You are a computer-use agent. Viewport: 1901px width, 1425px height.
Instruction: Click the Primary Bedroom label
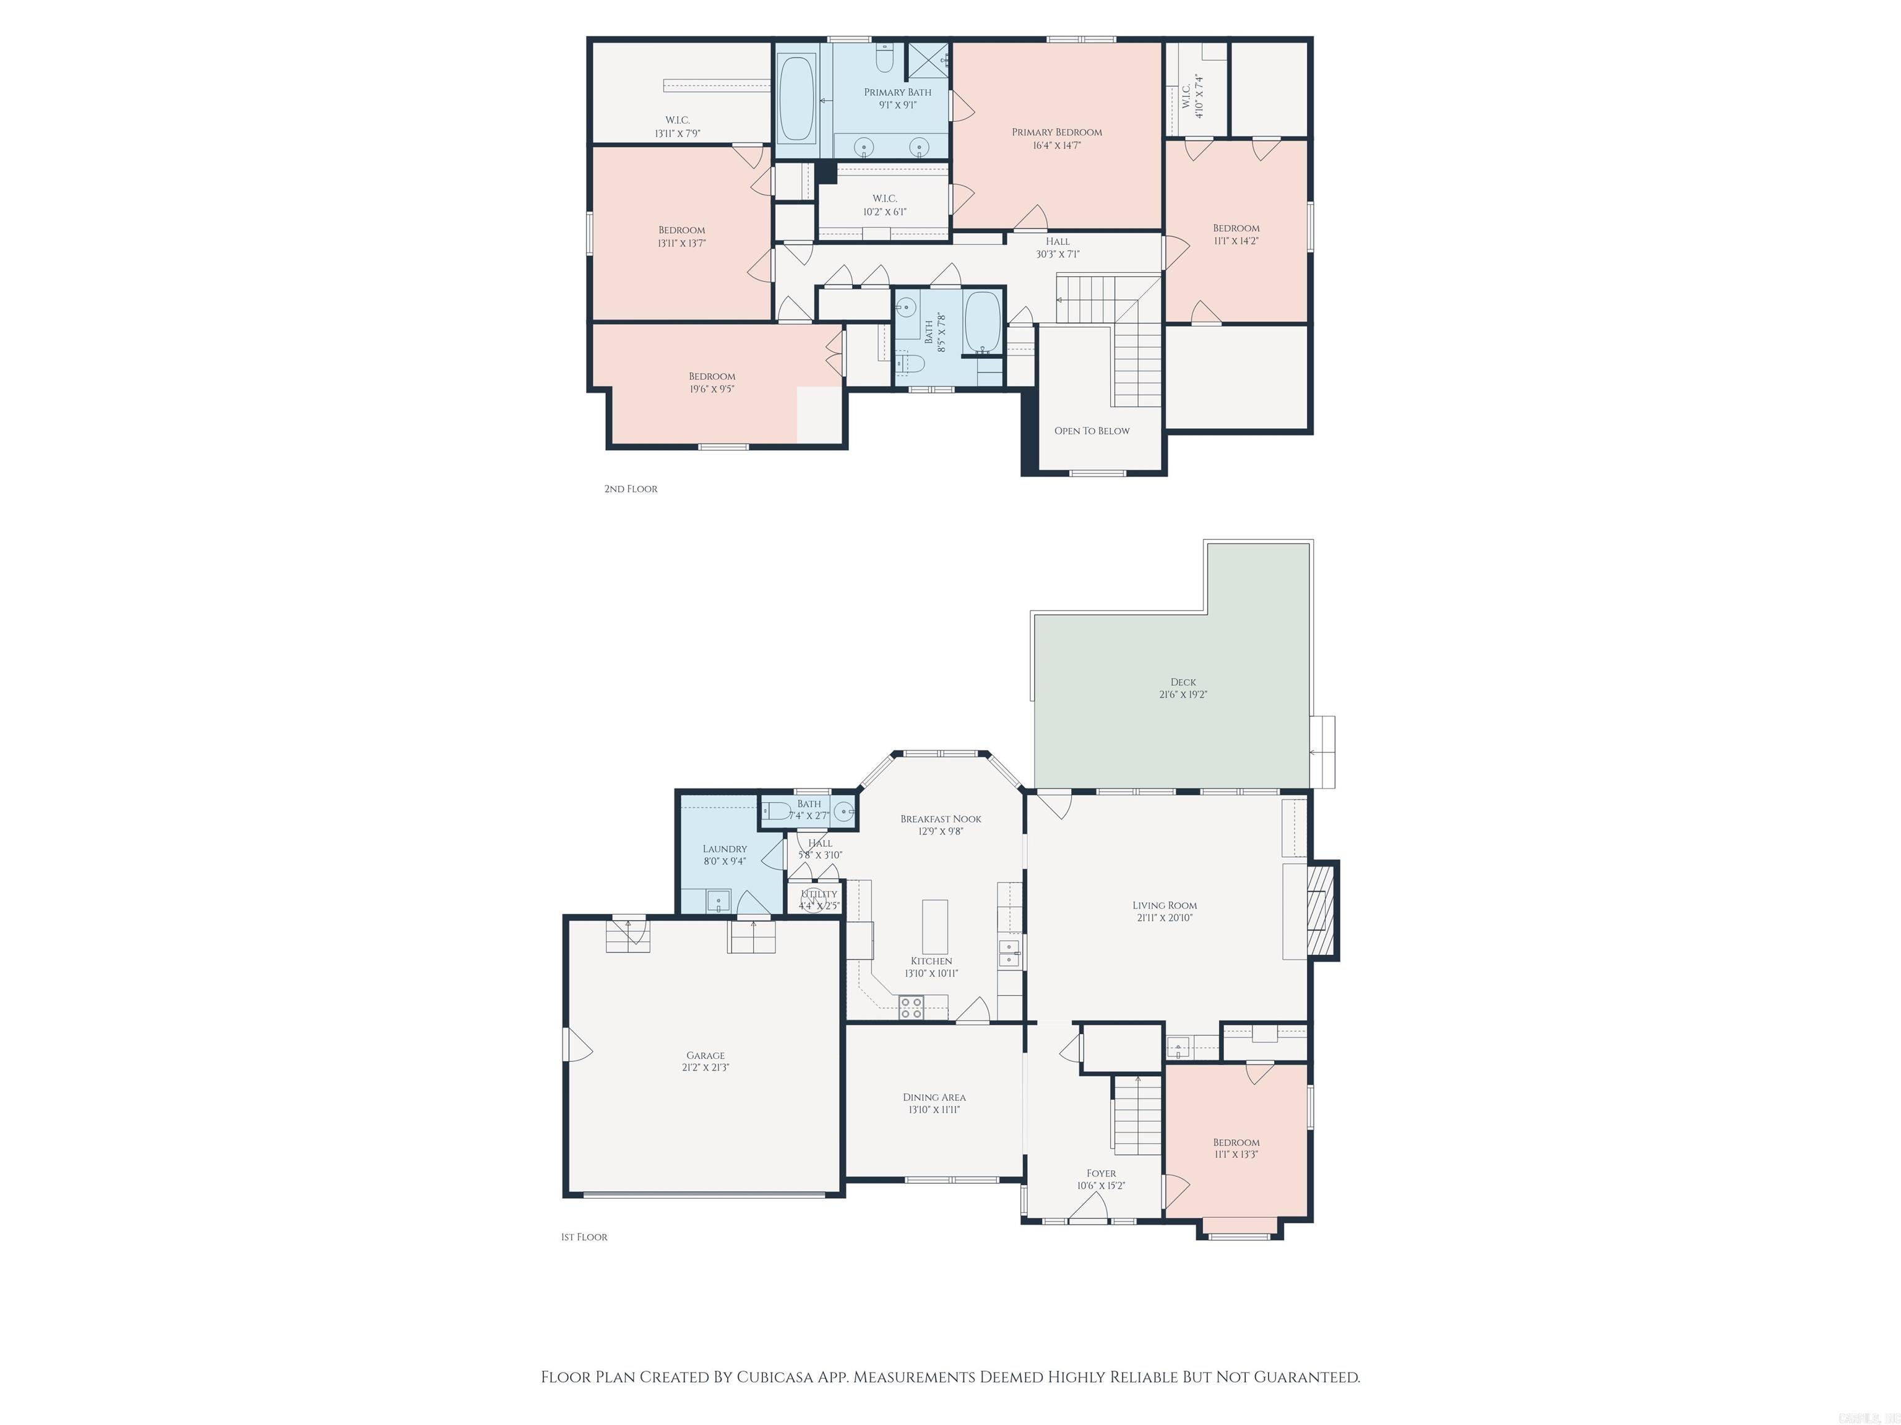coord(1056,132)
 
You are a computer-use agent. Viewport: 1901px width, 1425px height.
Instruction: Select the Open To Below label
coord(1092,431)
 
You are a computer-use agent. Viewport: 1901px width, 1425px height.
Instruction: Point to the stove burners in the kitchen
coord(911,1007)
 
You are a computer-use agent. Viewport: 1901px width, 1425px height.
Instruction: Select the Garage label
coord(705,1056)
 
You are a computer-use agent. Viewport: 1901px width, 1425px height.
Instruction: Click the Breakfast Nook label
coord(940,819)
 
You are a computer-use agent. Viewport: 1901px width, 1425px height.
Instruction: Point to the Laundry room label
coord(725,849)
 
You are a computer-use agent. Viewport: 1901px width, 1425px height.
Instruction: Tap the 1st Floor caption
coord(584,1237)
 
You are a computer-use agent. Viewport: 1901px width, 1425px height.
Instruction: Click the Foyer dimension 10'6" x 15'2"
coord(1101,1186)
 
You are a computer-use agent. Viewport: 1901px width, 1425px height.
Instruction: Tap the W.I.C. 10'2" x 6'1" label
coord(884,205)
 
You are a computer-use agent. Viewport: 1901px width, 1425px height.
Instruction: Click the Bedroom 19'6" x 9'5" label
coord(712,382)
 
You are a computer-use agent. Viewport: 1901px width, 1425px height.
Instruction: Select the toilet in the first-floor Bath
coord(778,810)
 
